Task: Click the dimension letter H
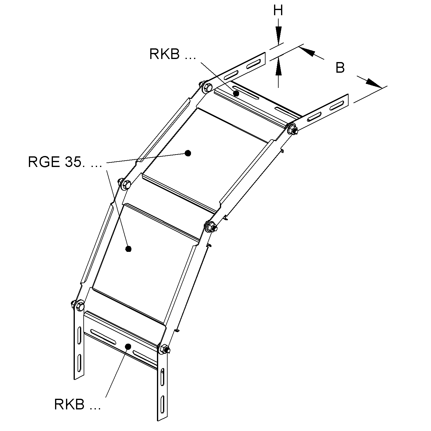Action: [x=278, y=10]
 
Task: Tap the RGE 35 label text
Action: [x=65, y=162]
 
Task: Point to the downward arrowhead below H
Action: [x=278, y=35]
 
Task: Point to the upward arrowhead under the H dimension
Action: [x=278, y=66]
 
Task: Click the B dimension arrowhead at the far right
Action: [x=374, y=83]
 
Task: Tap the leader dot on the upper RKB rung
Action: [x=236, y=93]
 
